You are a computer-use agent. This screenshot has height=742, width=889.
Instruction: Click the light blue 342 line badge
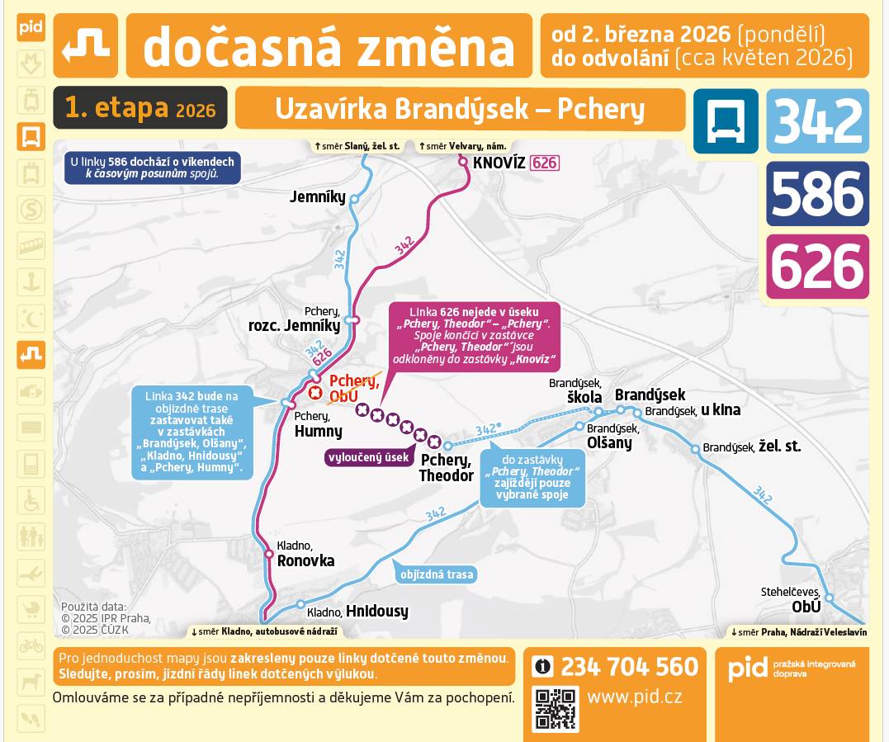pyautogui.click(x=817, y=121)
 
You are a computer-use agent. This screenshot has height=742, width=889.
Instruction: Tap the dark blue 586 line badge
pyautogui.click(x=817, y=194)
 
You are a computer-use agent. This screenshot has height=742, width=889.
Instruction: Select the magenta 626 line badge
pyautogui.click(x=817, y=267)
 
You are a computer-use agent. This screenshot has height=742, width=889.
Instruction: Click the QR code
pyautogui.click(x=555, y=708)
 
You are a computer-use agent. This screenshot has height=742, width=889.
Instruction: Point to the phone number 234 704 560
pyautogui.click(x=629, y=666)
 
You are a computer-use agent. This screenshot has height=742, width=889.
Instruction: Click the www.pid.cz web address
pyautogui.click(x=634, y=697)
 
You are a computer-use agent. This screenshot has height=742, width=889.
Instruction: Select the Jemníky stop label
pyautogui.click(x=318, y=196)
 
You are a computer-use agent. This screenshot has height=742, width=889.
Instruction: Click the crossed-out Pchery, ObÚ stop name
pyautogui.click(x=354, y=388)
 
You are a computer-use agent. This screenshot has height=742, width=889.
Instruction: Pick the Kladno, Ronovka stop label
pyautogui.click(x=305, y=555)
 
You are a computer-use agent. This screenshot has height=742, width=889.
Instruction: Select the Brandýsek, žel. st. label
pyautogui.click(x=752, y=447)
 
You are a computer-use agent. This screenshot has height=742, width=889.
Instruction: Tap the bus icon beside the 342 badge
pyautogui.click(x=725, y=121)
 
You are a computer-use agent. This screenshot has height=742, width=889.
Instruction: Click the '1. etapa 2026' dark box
pyautogui.click(x=139, y=108)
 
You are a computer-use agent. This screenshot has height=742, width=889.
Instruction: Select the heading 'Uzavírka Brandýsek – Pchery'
pyautogui.click(x=460, y=109)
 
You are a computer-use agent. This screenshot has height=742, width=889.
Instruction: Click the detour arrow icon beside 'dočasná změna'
pyautogui.click(x=86, y=45)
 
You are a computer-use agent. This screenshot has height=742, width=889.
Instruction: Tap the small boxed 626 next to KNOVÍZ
pyautogui.click(x=545, y=163)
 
